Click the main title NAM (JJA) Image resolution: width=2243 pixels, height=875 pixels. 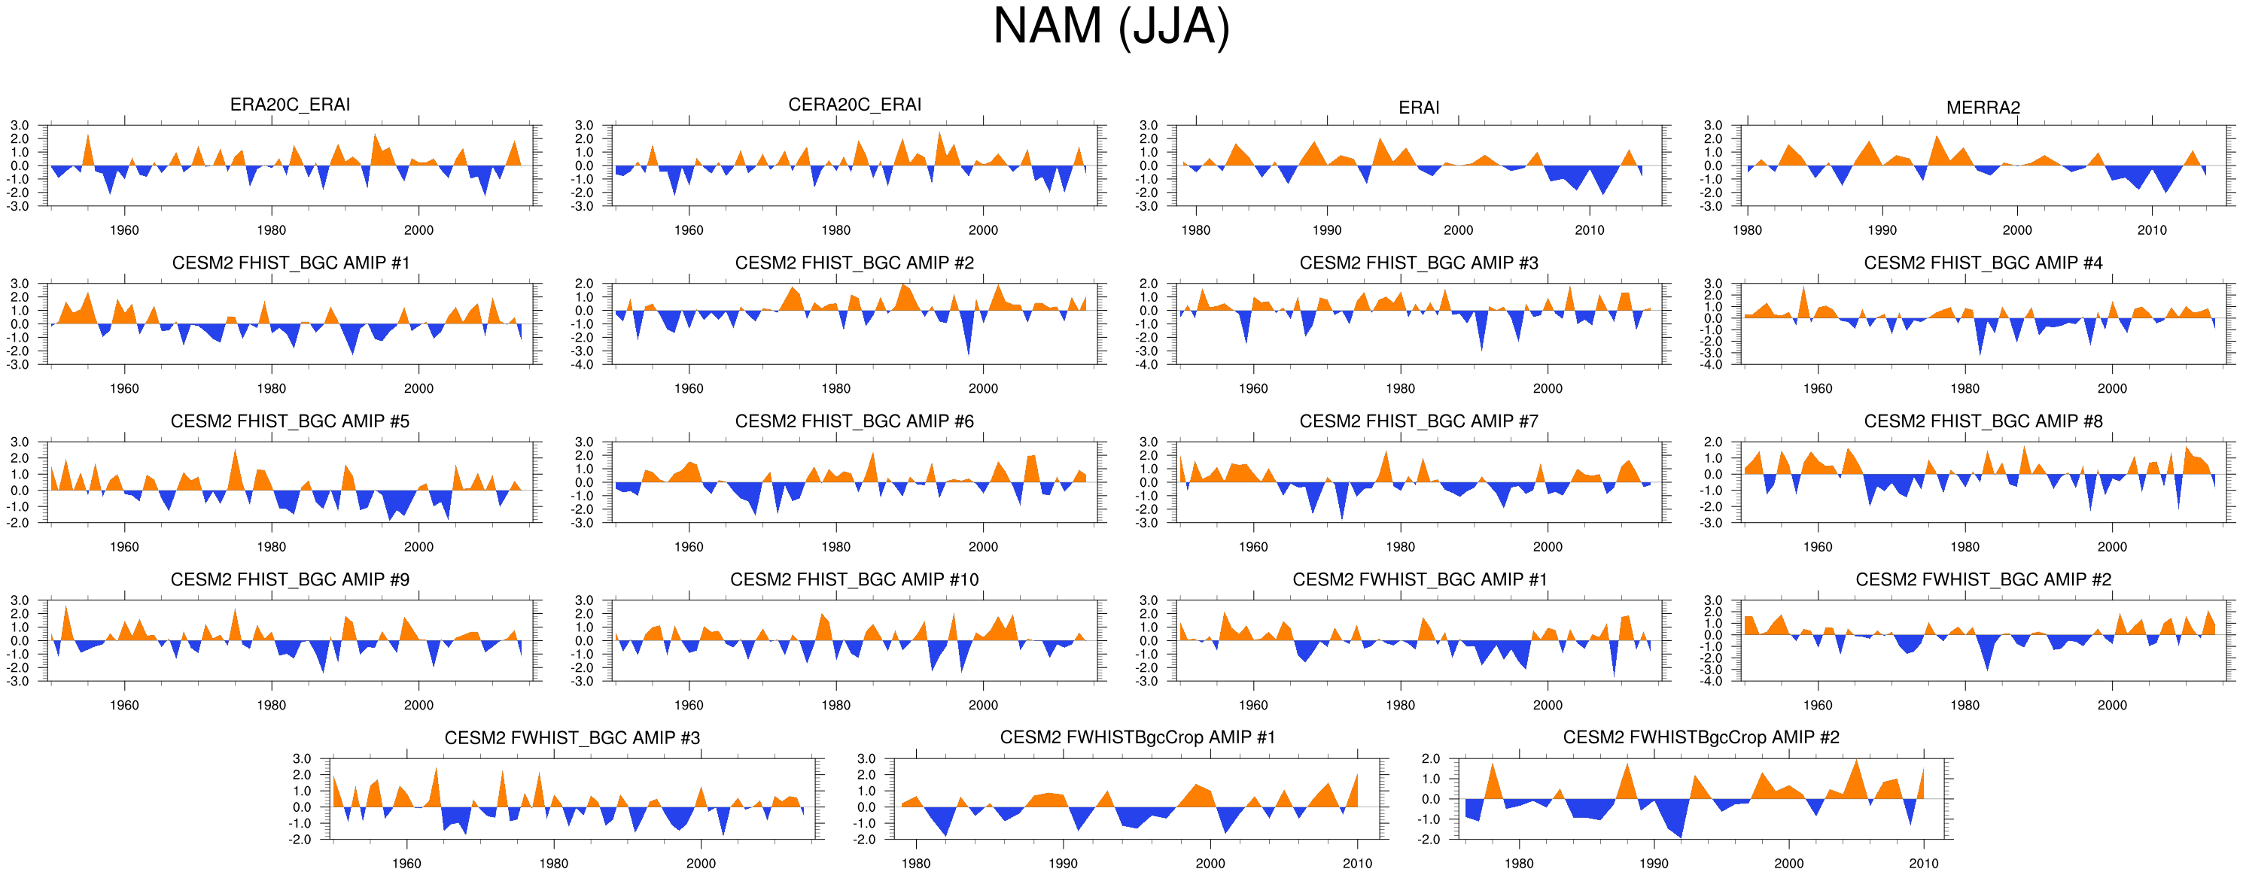point(1111,28)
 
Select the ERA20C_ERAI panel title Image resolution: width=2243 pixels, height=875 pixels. point(290,105)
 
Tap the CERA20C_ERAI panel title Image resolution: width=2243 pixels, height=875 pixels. point(854,105)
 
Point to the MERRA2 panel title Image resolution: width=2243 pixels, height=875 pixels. point(1983,108)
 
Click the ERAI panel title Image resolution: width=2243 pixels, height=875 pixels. point(1418,108)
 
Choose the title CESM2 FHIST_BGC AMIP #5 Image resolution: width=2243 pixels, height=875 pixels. point(290,421)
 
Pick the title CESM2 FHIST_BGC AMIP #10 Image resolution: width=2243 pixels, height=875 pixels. point(854,580)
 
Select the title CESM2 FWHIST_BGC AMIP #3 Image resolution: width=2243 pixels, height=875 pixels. point(572,738)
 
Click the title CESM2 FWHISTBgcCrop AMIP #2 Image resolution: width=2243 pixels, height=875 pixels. point(1700,737)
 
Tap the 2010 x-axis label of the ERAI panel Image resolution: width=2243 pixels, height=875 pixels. point(1589,231)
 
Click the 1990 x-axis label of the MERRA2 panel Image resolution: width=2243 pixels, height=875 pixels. point(1882,231)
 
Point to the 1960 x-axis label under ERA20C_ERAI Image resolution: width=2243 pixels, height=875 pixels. point(124,231)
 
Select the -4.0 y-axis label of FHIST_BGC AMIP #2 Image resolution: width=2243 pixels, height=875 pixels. point(583,365)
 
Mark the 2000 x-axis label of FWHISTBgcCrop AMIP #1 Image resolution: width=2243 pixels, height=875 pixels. point(1210,864)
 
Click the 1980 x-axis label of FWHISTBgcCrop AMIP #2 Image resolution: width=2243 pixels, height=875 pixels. point(1519,864)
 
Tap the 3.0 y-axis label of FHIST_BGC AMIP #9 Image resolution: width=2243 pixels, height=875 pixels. point(19,600)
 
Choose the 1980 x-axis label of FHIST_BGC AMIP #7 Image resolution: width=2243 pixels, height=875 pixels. point(1400,548)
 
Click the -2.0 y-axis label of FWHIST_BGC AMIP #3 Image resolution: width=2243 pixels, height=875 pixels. point(301,840)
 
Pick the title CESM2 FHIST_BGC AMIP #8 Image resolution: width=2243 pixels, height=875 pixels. point(1983,421)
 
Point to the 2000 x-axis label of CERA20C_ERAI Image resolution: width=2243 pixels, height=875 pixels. point(983,231)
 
